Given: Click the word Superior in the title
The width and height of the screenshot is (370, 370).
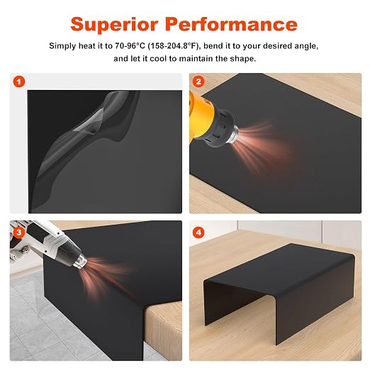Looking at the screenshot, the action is click(114, 24).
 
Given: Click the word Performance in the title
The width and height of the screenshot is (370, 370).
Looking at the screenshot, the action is click(231, 24).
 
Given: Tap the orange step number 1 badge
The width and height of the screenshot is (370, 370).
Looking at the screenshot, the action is click(19, 82).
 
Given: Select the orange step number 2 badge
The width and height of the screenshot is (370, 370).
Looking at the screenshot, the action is click(198, 82).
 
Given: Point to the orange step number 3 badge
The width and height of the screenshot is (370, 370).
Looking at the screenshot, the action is click(18, 232).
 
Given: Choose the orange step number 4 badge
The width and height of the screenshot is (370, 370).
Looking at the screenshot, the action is click(198, 232).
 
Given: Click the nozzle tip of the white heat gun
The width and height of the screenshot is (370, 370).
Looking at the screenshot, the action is click(80, 262).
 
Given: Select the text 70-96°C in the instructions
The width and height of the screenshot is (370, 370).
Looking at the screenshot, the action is click(130, 45).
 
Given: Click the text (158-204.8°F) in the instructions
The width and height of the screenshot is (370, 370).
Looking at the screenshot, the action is click(174, 46).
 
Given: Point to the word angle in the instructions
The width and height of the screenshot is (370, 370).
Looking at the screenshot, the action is click(306, 46).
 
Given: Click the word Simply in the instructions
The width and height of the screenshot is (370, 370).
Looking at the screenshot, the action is click(62, 46).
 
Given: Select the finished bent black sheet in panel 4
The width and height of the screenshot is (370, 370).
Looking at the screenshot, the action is click(279, 284).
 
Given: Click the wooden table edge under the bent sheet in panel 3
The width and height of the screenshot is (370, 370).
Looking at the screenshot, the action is click(163, 331).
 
